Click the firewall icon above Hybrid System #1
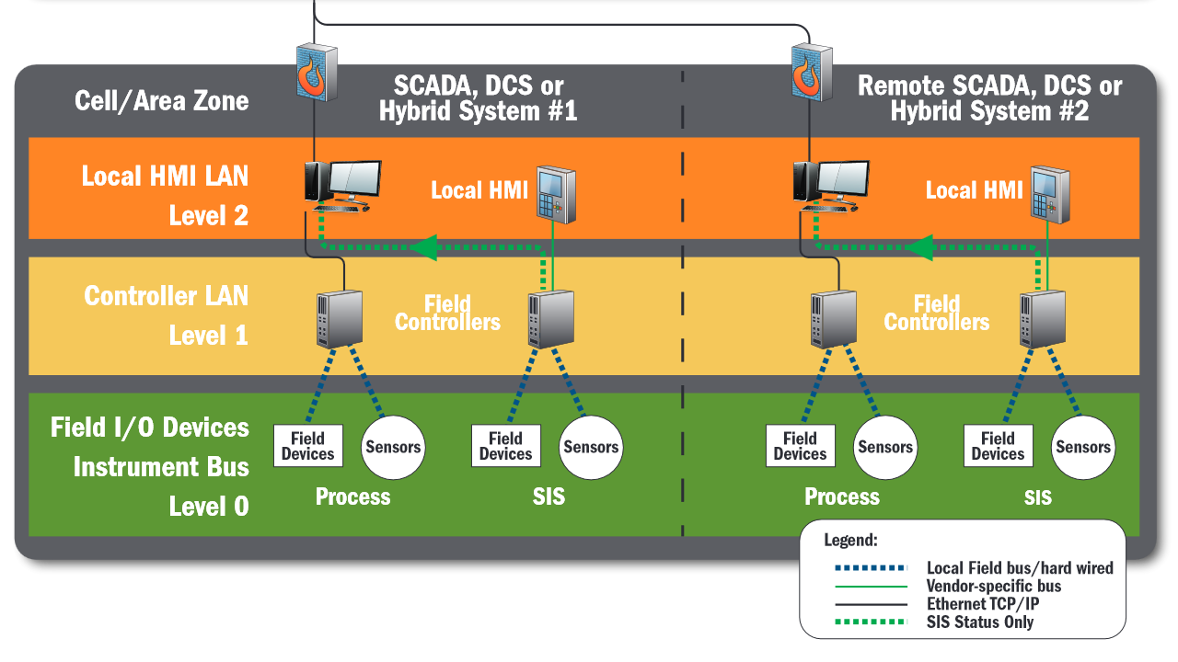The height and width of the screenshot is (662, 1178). [x=317, y=73]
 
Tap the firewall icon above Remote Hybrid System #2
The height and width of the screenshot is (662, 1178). [x=812, y=73]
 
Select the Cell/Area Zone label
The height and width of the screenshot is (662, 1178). [x=161, y=101]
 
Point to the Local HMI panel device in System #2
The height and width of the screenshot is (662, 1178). [x=1050, y=194]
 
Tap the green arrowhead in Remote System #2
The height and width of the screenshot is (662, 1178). [x=919, y=247]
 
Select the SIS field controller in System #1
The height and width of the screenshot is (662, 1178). [x=550, y=319]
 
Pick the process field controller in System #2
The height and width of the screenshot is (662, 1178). [x=834, y=319]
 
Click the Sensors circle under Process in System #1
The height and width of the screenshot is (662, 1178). [x=393, y=447]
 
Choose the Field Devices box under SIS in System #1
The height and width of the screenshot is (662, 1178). [x=506, y=446]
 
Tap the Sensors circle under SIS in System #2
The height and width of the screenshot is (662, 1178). [x=1083, y=447]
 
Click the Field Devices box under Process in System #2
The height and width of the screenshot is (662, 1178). [x=800, y=446]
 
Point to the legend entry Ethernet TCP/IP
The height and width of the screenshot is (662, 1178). [x=982, y=604]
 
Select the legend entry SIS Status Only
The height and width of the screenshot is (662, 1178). [x=980, y=622]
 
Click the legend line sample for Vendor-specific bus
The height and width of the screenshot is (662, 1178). [x=871, y=587]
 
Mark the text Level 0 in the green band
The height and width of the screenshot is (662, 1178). [x=209, y=507]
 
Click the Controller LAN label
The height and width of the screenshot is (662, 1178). [x=167, y=296]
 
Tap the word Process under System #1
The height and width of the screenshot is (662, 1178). [x=352, y=496]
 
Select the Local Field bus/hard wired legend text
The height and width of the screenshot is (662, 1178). [x=1020, y=568]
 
